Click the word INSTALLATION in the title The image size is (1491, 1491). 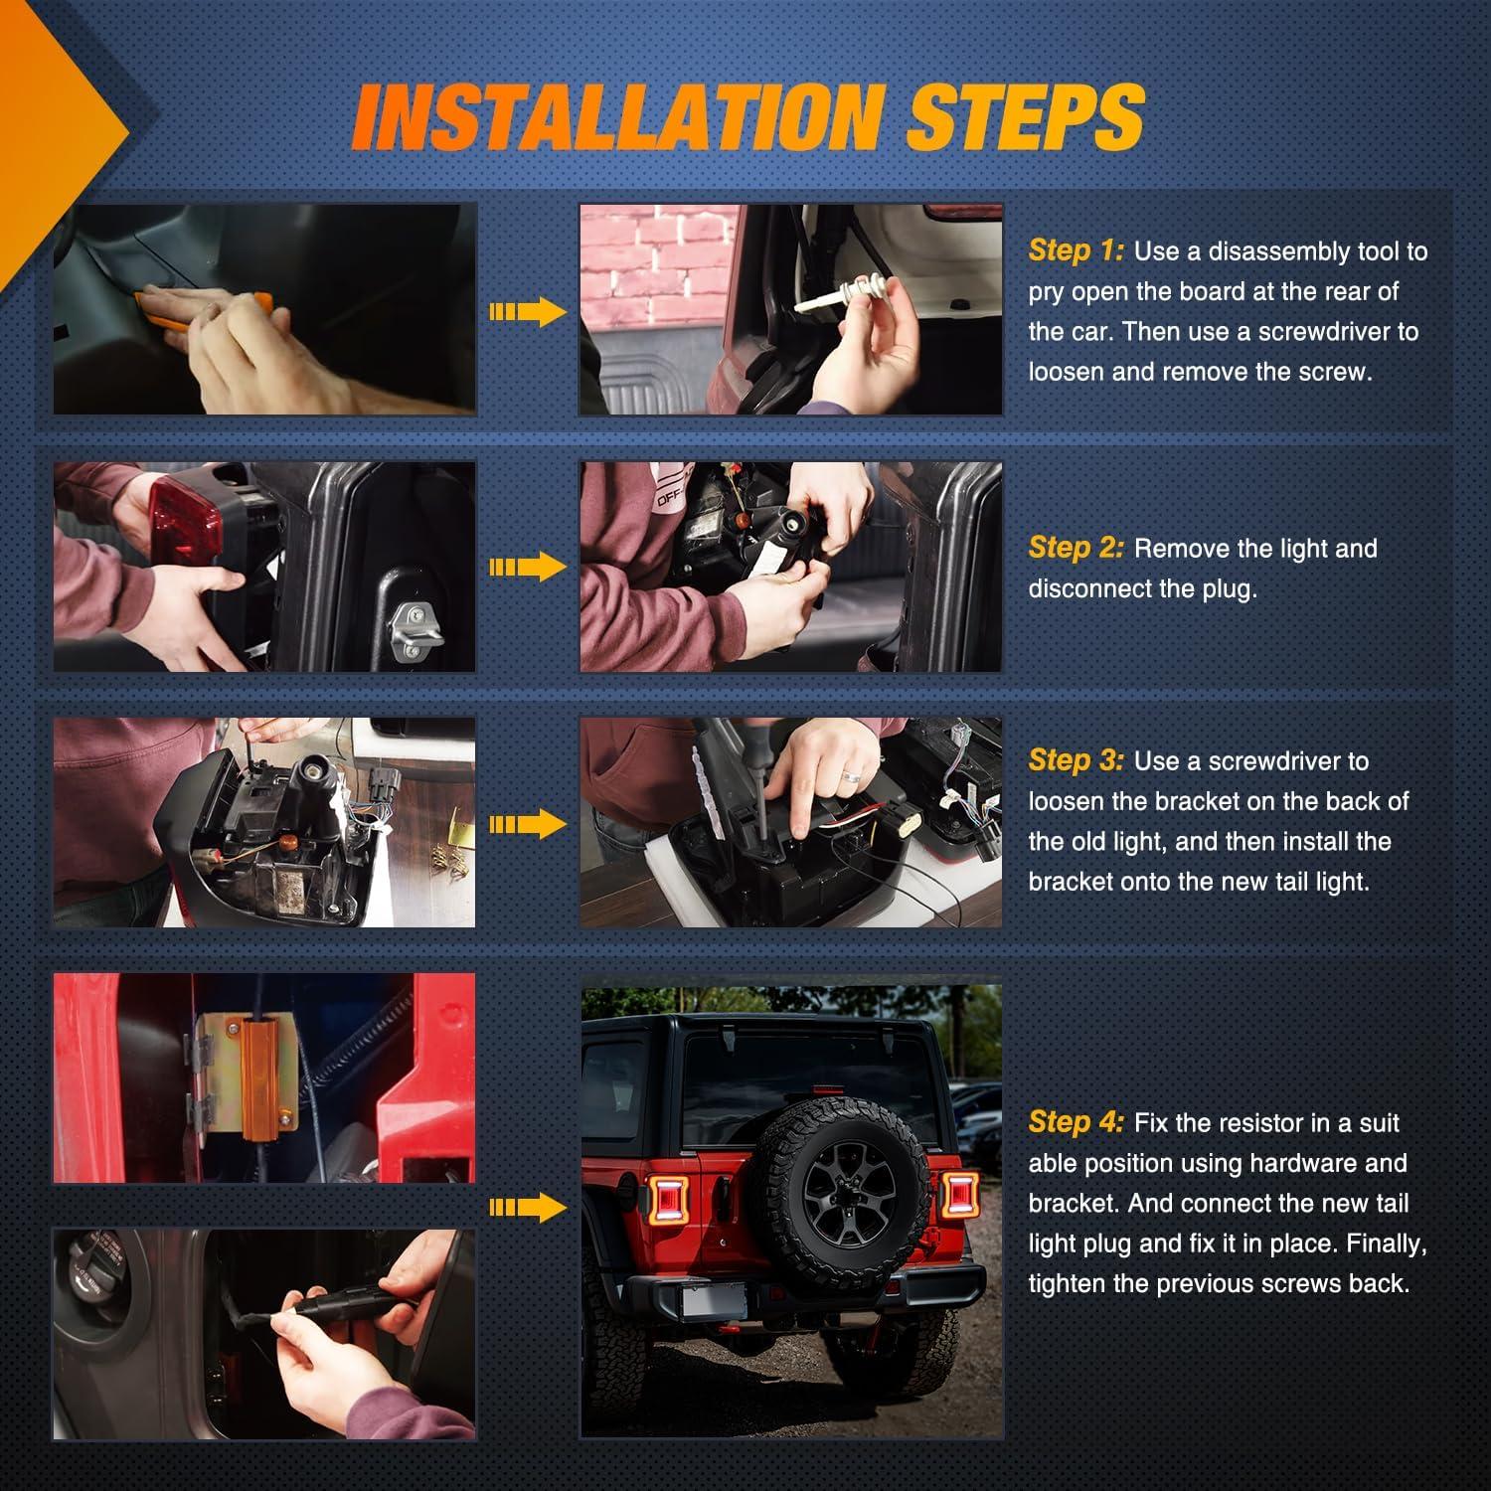618,117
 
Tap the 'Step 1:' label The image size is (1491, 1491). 1077,250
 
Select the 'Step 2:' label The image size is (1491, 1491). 1077,548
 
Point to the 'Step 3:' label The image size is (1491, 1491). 1077,760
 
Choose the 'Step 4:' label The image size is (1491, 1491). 1077,1122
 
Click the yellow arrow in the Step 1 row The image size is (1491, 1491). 528,312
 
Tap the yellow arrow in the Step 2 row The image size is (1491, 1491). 528,568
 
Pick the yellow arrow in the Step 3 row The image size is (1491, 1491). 528,823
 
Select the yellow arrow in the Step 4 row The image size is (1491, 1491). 528,1207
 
